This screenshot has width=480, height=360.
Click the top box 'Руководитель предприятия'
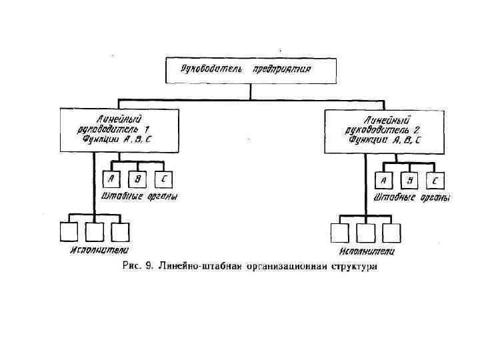[x=250, y=69]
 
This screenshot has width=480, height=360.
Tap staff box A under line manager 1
[x=111, y=179]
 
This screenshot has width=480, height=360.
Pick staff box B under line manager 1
[x=137, y=179]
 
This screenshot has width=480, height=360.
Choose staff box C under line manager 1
[x=163, y=179]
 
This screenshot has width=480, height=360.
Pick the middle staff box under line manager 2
[x=409, y=181]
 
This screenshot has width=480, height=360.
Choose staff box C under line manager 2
[x=435, y=181]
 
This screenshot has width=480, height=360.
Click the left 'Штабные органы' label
[x=139, y=197]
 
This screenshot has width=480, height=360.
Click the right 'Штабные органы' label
[x=412, y=198]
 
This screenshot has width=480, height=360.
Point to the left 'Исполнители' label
[x=99, y=250]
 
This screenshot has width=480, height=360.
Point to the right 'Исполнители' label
[x=366, y=251]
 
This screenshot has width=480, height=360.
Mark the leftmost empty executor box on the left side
[x=69, y=231]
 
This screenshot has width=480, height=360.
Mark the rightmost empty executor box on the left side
[x=119, y=231]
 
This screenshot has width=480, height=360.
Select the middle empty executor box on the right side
[x=365, y=233]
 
